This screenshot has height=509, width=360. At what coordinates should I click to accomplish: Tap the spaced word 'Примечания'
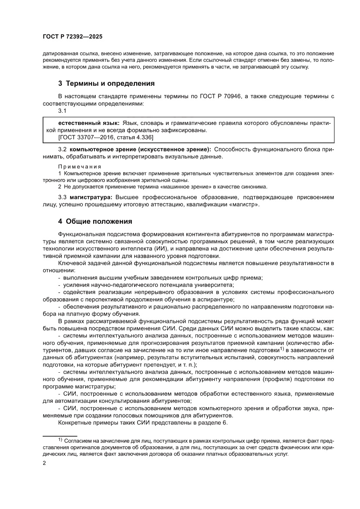click(80, 166)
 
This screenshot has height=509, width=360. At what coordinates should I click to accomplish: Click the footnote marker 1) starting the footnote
click(61, 440)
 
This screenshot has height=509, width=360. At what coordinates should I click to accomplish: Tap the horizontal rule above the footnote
click(60, 435)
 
